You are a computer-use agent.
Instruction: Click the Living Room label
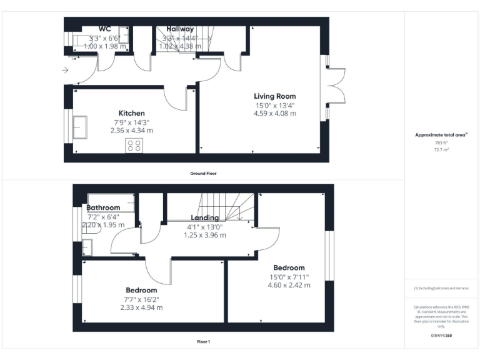pyautogui.click(x=274, y=96)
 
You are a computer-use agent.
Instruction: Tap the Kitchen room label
pyautogui.click(x=131, y=113)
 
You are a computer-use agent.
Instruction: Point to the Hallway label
pyautogui.click(x=179, y=29)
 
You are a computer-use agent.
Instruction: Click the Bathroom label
pyautogui.click(x=103, y=207)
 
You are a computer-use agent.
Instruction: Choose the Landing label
pyautogui.click(x=204, y=217)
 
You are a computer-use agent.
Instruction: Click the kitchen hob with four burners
pyautogui.click(x=134, y=146)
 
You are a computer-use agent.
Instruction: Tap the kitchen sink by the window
pyautogui.click(x=80, y=126)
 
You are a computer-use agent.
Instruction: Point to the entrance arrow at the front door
pyautogui.click(x=66, y=71)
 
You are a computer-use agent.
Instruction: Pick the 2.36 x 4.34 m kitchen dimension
pyautogui.click(x=131, y=131)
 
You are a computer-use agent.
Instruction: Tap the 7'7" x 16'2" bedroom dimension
pyautogui.click(x=141, y=299)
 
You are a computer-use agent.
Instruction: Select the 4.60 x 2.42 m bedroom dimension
pyautogui.click(x=289, y=285)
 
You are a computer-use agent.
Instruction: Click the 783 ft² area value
pyautogui.click(x=442, y=143)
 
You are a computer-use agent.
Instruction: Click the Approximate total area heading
pyautogui.click(x=441, y=135)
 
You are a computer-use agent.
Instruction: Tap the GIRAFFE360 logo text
pyautogui.click(x=441, y=336)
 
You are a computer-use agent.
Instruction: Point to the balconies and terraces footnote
pyautogui.click(x=441, y=288)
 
